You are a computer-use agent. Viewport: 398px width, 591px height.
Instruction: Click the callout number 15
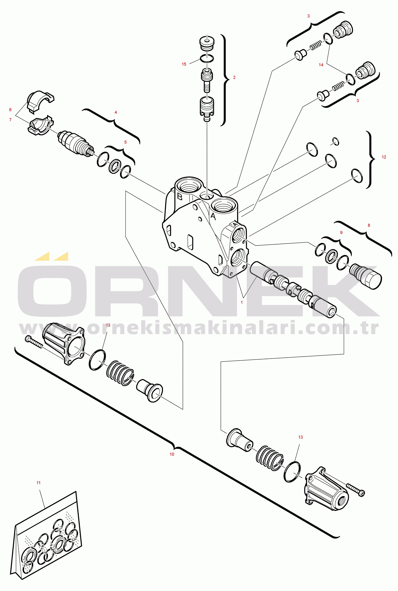[x=184, y=64]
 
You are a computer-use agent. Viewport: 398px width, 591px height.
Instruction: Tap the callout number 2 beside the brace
[x=234, y=77]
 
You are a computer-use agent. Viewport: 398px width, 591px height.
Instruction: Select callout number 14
[x=321, y=65]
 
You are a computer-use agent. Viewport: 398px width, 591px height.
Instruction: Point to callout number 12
[x=384, y=157]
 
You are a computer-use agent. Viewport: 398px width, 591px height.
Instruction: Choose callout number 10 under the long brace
[x=172, y=454]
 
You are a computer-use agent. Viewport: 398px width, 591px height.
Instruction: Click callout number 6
[x=10, y=110]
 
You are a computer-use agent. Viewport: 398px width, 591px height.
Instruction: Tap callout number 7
[x=10, y=120]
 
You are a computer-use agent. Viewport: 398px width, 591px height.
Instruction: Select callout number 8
[x=369, y=225]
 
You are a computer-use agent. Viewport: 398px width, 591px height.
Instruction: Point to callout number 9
[x=341, y=233]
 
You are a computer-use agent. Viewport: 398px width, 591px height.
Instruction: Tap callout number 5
[x=125, y=142]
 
